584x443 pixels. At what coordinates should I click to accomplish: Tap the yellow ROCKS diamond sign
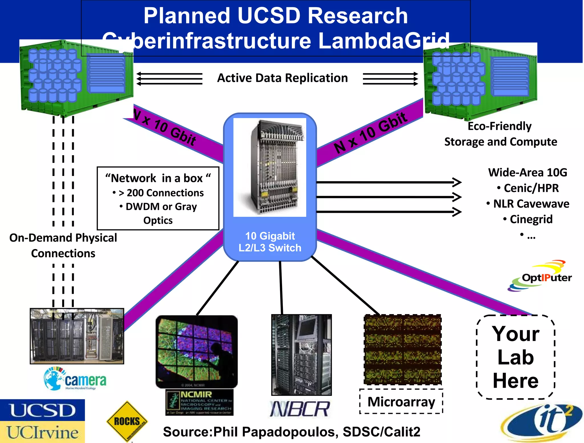point(127,421)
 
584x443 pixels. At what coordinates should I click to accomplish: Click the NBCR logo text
point(300,409)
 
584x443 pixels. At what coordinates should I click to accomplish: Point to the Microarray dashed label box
point(401,402)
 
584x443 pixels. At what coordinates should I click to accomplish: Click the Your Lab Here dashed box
point(516,357)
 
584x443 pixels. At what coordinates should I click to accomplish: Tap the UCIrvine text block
point(42,432)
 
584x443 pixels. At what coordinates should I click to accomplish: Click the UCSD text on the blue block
point(42,410)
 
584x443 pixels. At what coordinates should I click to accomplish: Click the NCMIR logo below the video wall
point(200,402)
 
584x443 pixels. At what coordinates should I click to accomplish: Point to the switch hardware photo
point(270,167)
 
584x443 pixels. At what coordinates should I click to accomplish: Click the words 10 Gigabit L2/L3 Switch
point(270,242)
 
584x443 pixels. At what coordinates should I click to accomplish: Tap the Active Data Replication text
point(282,78)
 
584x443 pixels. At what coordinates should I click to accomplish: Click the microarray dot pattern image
point(403,349)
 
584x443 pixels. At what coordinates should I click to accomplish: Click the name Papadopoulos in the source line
point(288,432)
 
